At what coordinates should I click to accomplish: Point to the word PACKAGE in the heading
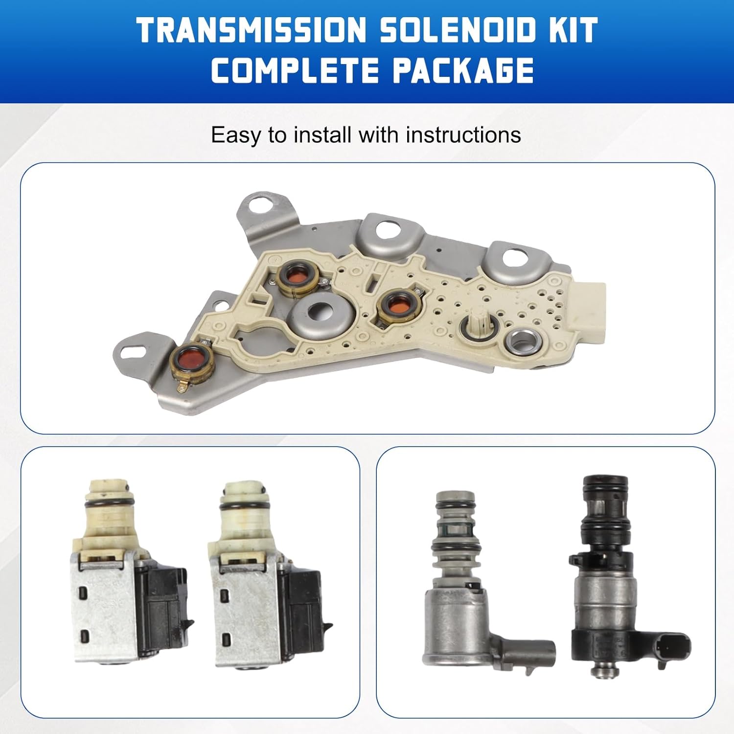(x=463, y=70)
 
